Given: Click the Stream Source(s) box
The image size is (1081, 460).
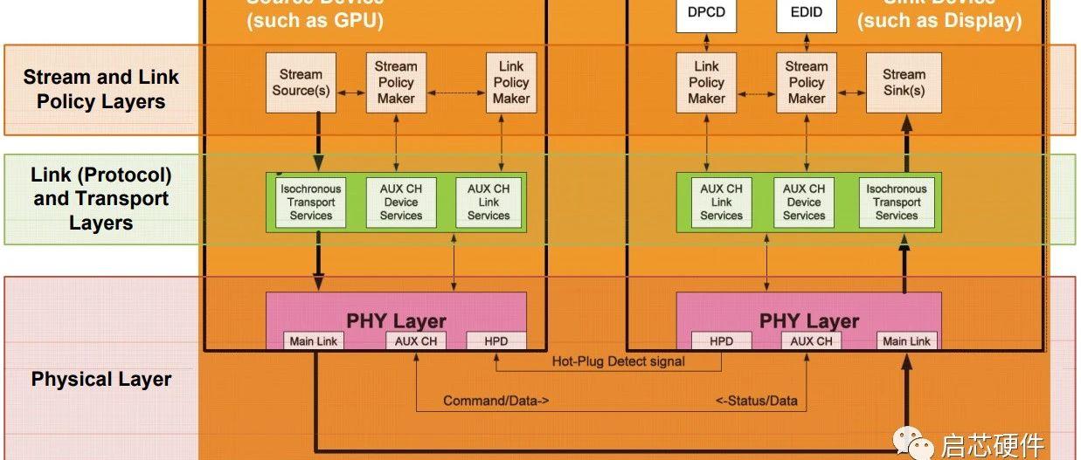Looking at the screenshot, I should coord(301,83).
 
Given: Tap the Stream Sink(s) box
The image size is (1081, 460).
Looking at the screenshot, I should coord(904,83).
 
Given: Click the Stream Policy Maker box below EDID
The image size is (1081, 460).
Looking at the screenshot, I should coord(806,83).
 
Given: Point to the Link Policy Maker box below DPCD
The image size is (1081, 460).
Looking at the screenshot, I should coord(706,83).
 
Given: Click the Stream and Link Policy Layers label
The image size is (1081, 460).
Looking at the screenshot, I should coord(100,89).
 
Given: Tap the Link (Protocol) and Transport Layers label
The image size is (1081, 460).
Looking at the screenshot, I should coord(100,199).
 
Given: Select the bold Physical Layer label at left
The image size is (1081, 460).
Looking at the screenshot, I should coord(101,380).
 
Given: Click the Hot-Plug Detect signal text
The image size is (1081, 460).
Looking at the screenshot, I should coord(619,361).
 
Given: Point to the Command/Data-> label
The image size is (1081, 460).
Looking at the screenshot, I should coord(496,402).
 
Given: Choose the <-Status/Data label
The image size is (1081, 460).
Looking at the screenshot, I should coord(757,402).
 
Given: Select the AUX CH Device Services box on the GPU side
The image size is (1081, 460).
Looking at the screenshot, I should coord(400,202).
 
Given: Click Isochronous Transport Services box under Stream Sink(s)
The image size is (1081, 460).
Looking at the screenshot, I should coord(897,202).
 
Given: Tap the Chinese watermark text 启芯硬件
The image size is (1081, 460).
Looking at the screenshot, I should coord(992,445).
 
